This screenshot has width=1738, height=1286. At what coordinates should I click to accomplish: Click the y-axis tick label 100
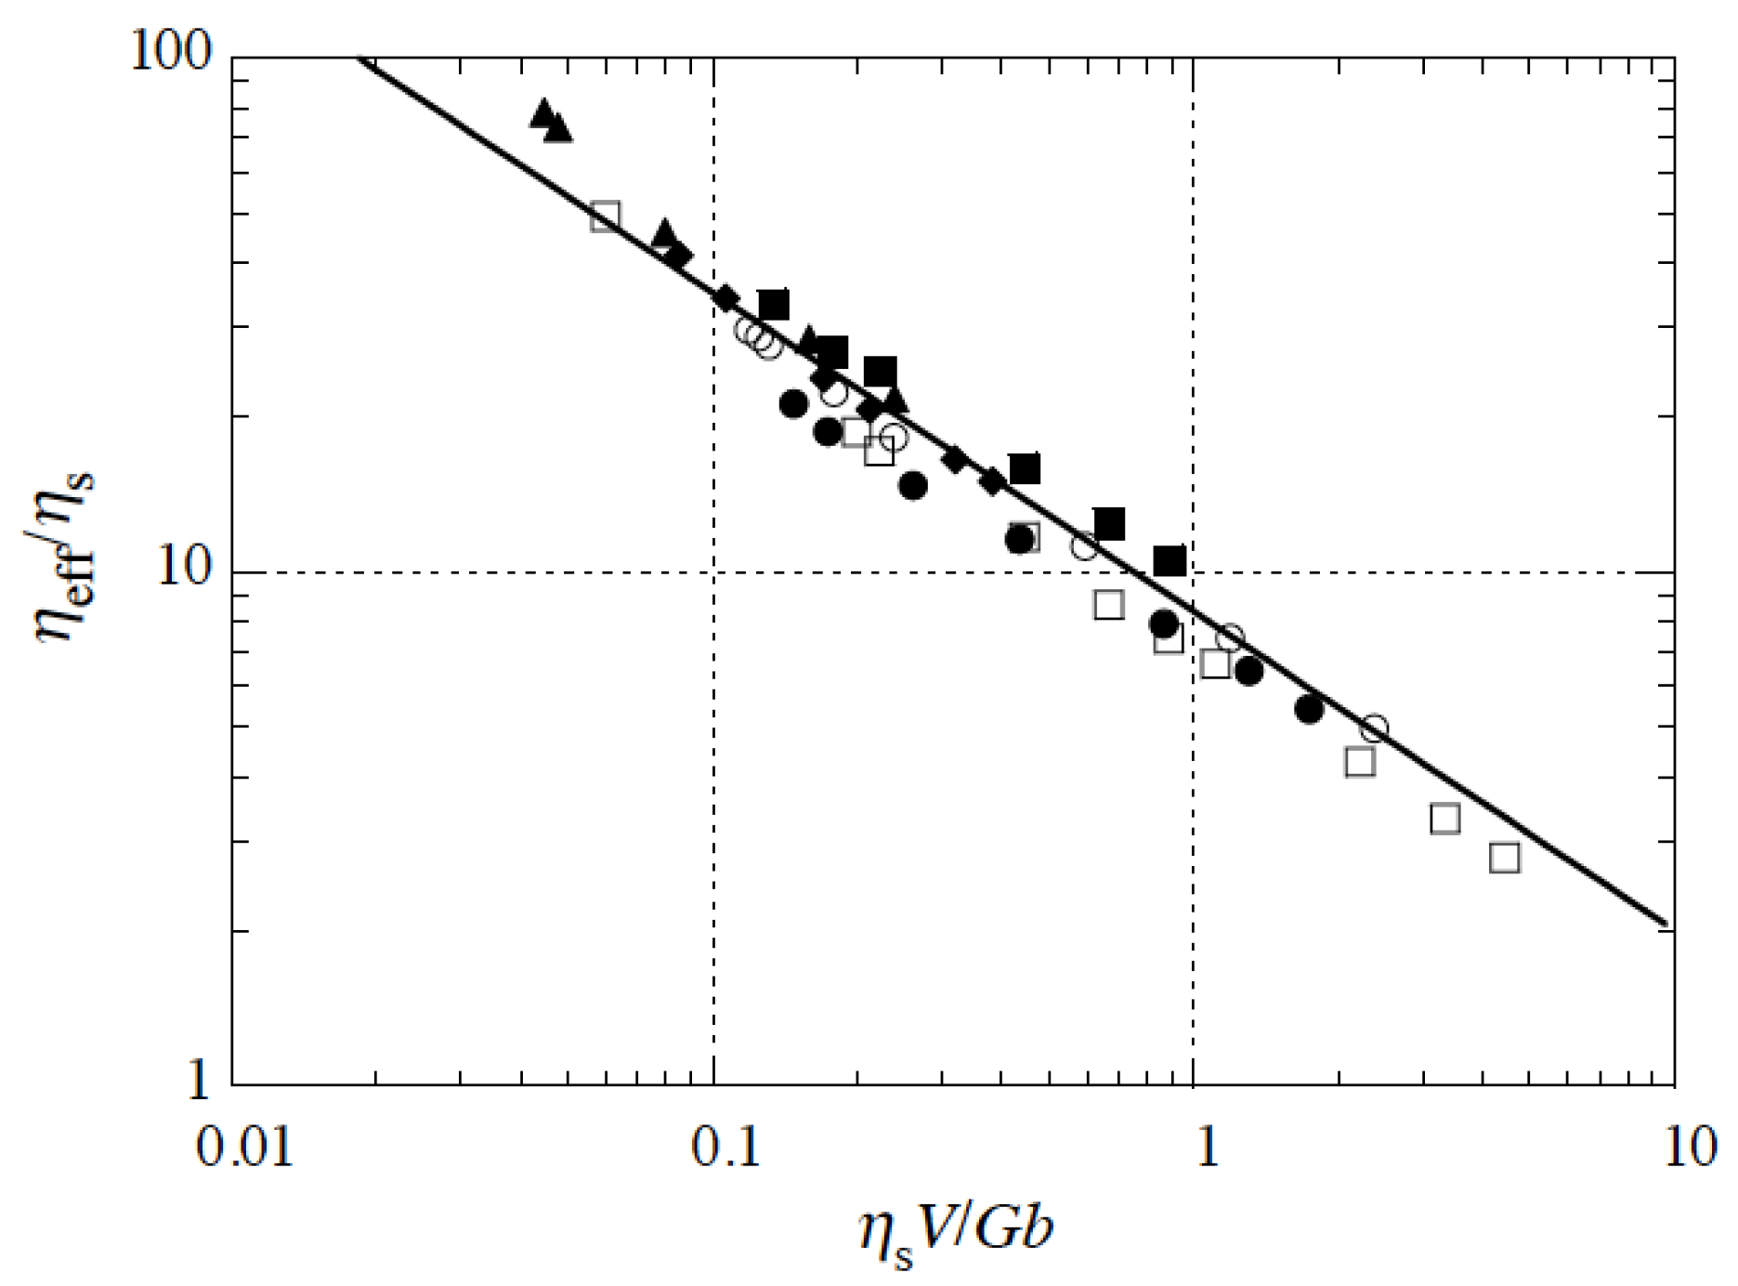tap(171, 50)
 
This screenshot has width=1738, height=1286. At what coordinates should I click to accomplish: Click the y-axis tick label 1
tap(198, 1081)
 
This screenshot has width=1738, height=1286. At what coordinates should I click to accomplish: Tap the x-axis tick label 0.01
tap(244, 1148)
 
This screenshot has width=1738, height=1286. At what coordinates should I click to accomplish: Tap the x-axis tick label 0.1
tap(725, 1148)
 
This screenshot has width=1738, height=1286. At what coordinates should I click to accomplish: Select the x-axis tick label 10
tap(1689, 1148)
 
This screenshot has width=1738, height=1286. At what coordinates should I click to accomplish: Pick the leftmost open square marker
tap(605, 217)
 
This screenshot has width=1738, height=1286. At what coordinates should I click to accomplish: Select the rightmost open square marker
tap(1505, 857)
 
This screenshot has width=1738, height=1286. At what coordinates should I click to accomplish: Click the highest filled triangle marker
tap(544, 112)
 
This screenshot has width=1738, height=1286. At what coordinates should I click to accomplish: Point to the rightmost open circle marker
tap(1375, 728)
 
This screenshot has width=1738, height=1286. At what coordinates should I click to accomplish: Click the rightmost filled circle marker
tap(1309, 709)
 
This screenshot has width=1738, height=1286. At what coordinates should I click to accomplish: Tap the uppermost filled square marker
tap(774, 305)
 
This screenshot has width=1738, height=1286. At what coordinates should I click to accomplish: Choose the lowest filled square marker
tap(1170, 561)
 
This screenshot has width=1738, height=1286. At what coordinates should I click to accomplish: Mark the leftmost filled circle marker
tap(793, 404)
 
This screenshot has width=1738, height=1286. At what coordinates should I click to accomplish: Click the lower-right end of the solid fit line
tap(1668, 925)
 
